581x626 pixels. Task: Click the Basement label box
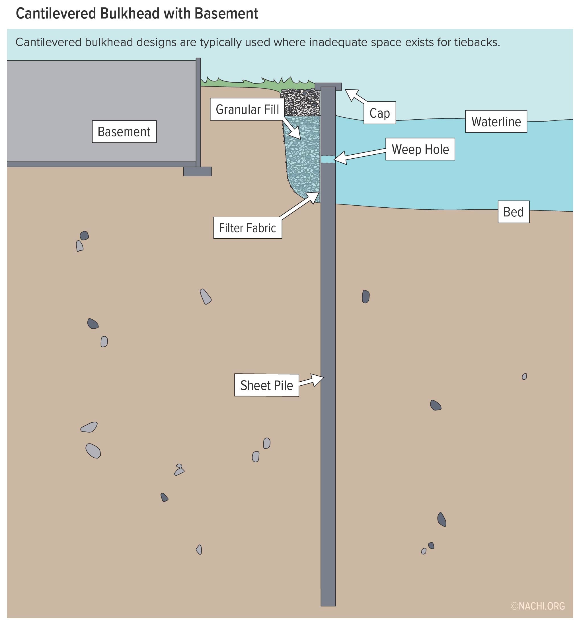124,132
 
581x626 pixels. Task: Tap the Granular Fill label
247,109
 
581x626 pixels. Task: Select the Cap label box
379,113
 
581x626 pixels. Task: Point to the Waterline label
496,121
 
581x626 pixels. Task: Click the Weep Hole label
420,149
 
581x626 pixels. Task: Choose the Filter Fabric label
247,228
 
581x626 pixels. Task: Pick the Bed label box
514,212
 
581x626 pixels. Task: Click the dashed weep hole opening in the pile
328,159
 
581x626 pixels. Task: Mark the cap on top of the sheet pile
328,86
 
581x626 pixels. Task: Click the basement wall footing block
198,171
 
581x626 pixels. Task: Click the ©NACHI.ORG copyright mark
538,606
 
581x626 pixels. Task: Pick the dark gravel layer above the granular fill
300,102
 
